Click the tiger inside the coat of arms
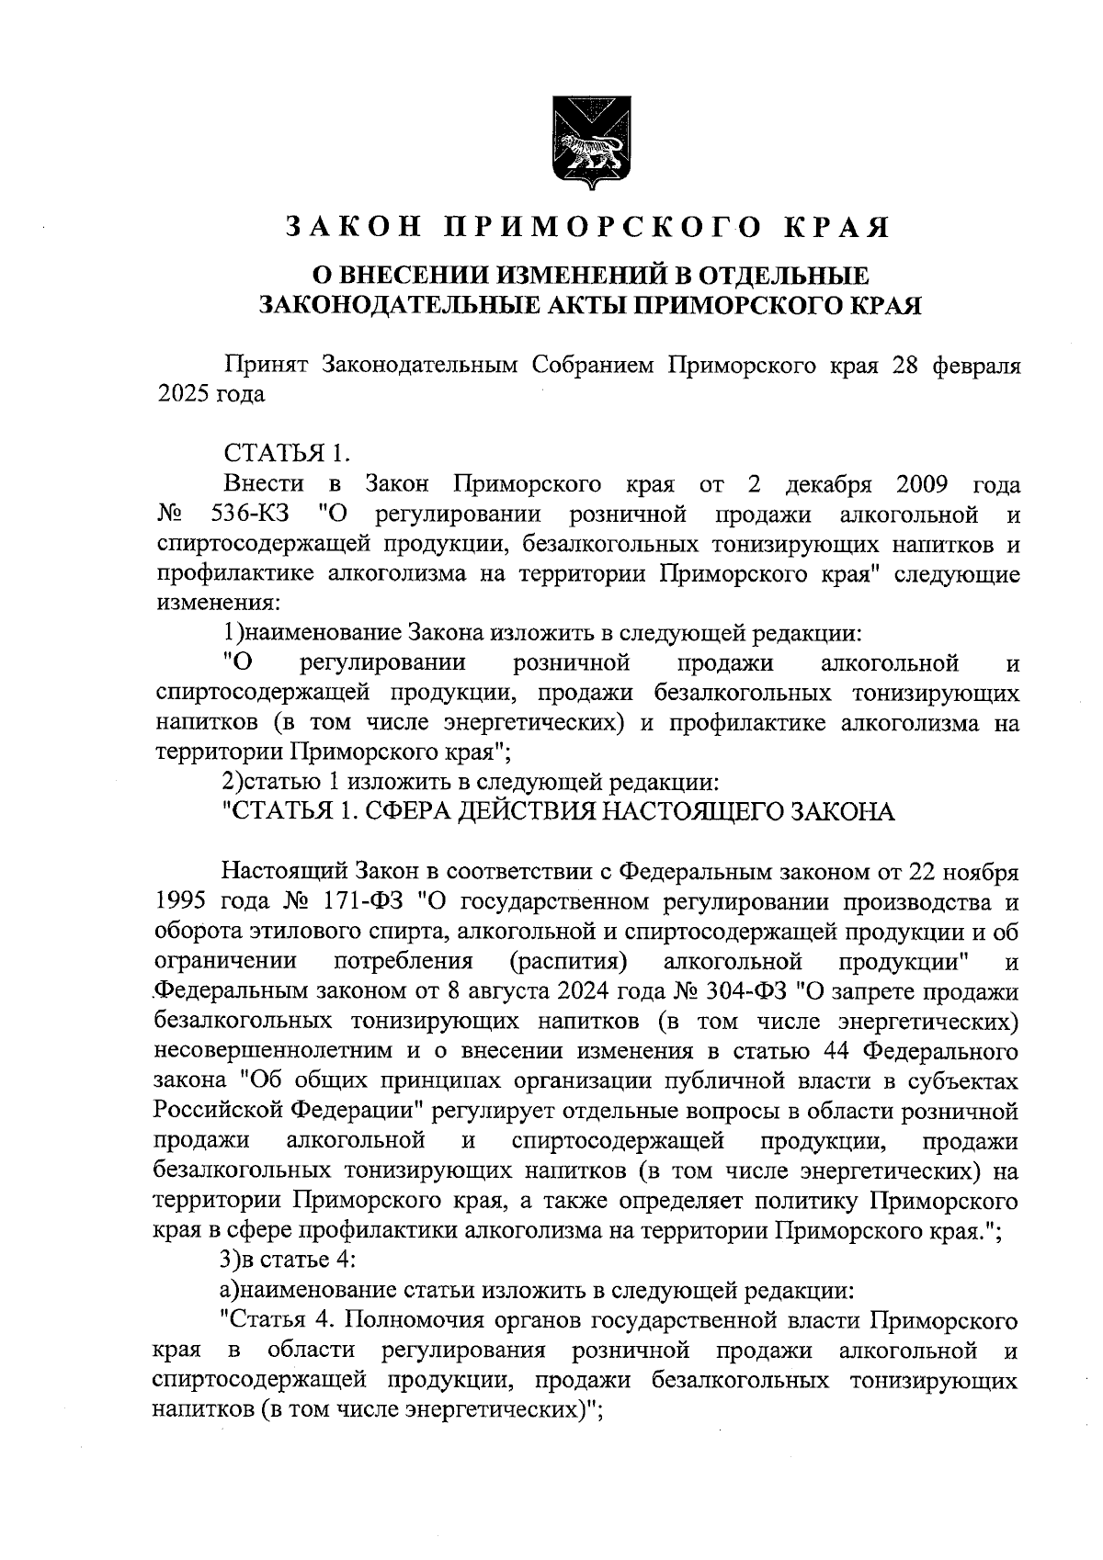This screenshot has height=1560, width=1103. pyautogui.click(x=586, y=148)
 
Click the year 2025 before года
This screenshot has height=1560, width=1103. pyautogui.click(x=183, y=395)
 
